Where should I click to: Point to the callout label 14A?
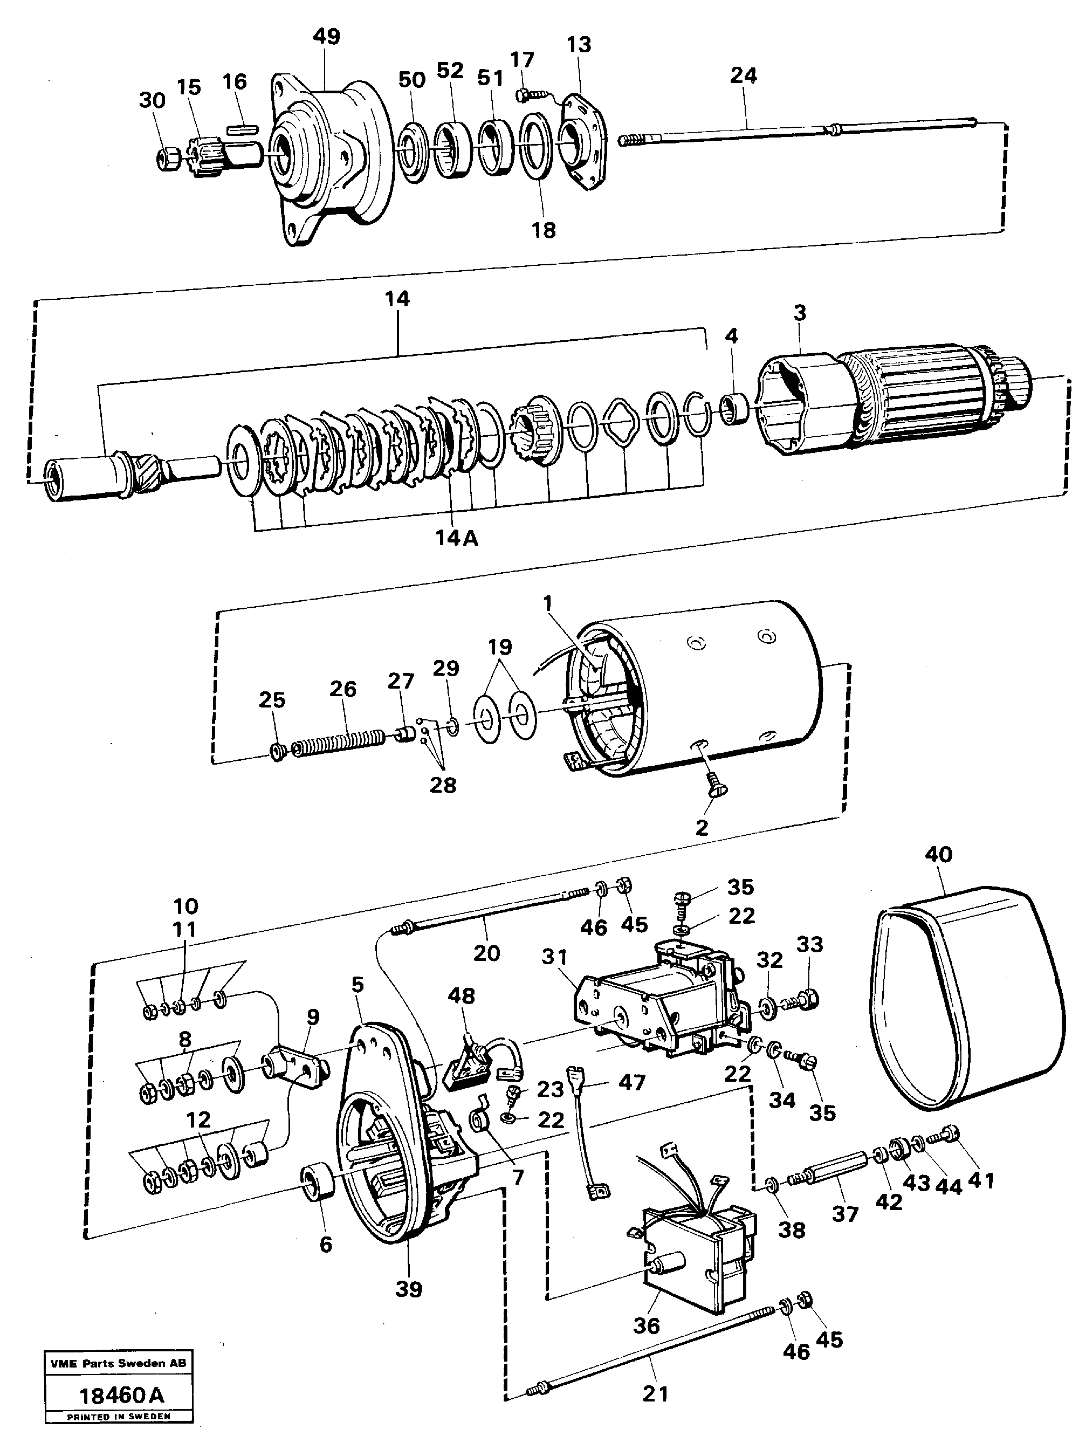click(457, 539)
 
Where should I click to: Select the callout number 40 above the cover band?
click(938, 854)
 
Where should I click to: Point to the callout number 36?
click(646, 1325)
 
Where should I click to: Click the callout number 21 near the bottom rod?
click(655, 1394)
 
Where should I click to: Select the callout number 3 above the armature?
click(800, 313)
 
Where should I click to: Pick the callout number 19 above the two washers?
click(500, 647)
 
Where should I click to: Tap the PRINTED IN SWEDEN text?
click(118, 1417)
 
